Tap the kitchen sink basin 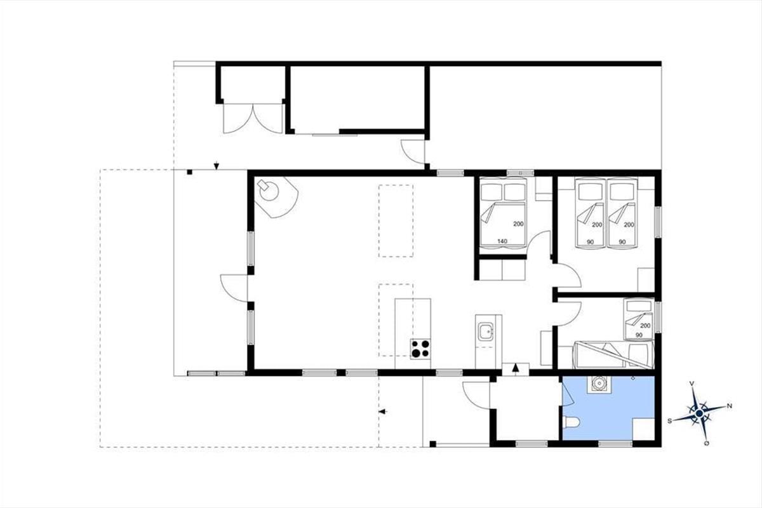pyautogui.click(x=486, y=331)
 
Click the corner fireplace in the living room pyautogui.click(x=276, y=197)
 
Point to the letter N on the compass pyautogui.click(x=730, y=406)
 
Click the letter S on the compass pyautogui.click(x=670, y=421)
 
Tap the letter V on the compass pyautogui.click(x=692, y=384)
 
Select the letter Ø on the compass pyautogui.click(x=707, y=444)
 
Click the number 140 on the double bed pyautogui.click(x=502, y=241)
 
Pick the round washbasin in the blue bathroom pyautogui.click(x=599, y=384)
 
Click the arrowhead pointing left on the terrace pyautogui.click(x=383, y=411)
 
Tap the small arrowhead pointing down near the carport pyautogui.click(x=217, y=166)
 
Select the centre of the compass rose pyautogui.click(x=699, y=413)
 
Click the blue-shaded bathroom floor pyautogui.click(x=609, y=408)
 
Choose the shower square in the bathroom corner pyautogui.click(x=644, y=429)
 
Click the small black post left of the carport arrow pyautogui.click(x=190, y=173)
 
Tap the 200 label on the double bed pyautogui.click(x=518, y=224)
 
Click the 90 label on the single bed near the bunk pyautogui.click(x=639, y=335)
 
